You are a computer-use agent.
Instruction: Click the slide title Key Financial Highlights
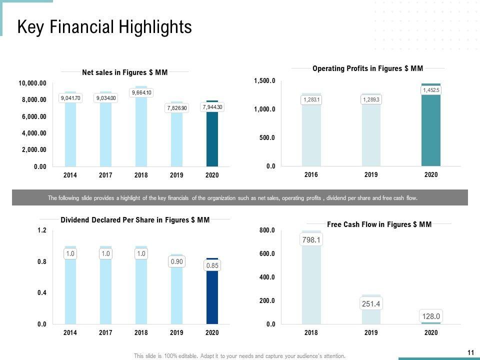pos(104,27)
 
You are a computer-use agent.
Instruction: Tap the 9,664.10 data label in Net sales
pos(141,92)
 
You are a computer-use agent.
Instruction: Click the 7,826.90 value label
pos(177,108)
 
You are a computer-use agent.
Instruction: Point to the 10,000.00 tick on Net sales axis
pos(33,83)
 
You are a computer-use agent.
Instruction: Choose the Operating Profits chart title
pos(367,68)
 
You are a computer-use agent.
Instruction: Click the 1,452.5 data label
pos(431,90)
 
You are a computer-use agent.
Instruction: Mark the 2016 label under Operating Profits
pos(311,174)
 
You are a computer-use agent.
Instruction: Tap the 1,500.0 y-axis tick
pos(265,80)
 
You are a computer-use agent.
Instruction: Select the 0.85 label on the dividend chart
pos(212,265)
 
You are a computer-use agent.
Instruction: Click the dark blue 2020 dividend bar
pos(212,300)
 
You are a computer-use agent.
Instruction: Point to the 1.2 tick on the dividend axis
pos(42,230)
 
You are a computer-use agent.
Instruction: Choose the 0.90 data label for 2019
pos(177,261)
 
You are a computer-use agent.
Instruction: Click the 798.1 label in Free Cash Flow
pos(311,240)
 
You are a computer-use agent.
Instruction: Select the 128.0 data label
pos(431,316)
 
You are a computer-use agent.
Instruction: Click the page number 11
pos(470,352)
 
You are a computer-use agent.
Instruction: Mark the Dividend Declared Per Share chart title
pos(135,219)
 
